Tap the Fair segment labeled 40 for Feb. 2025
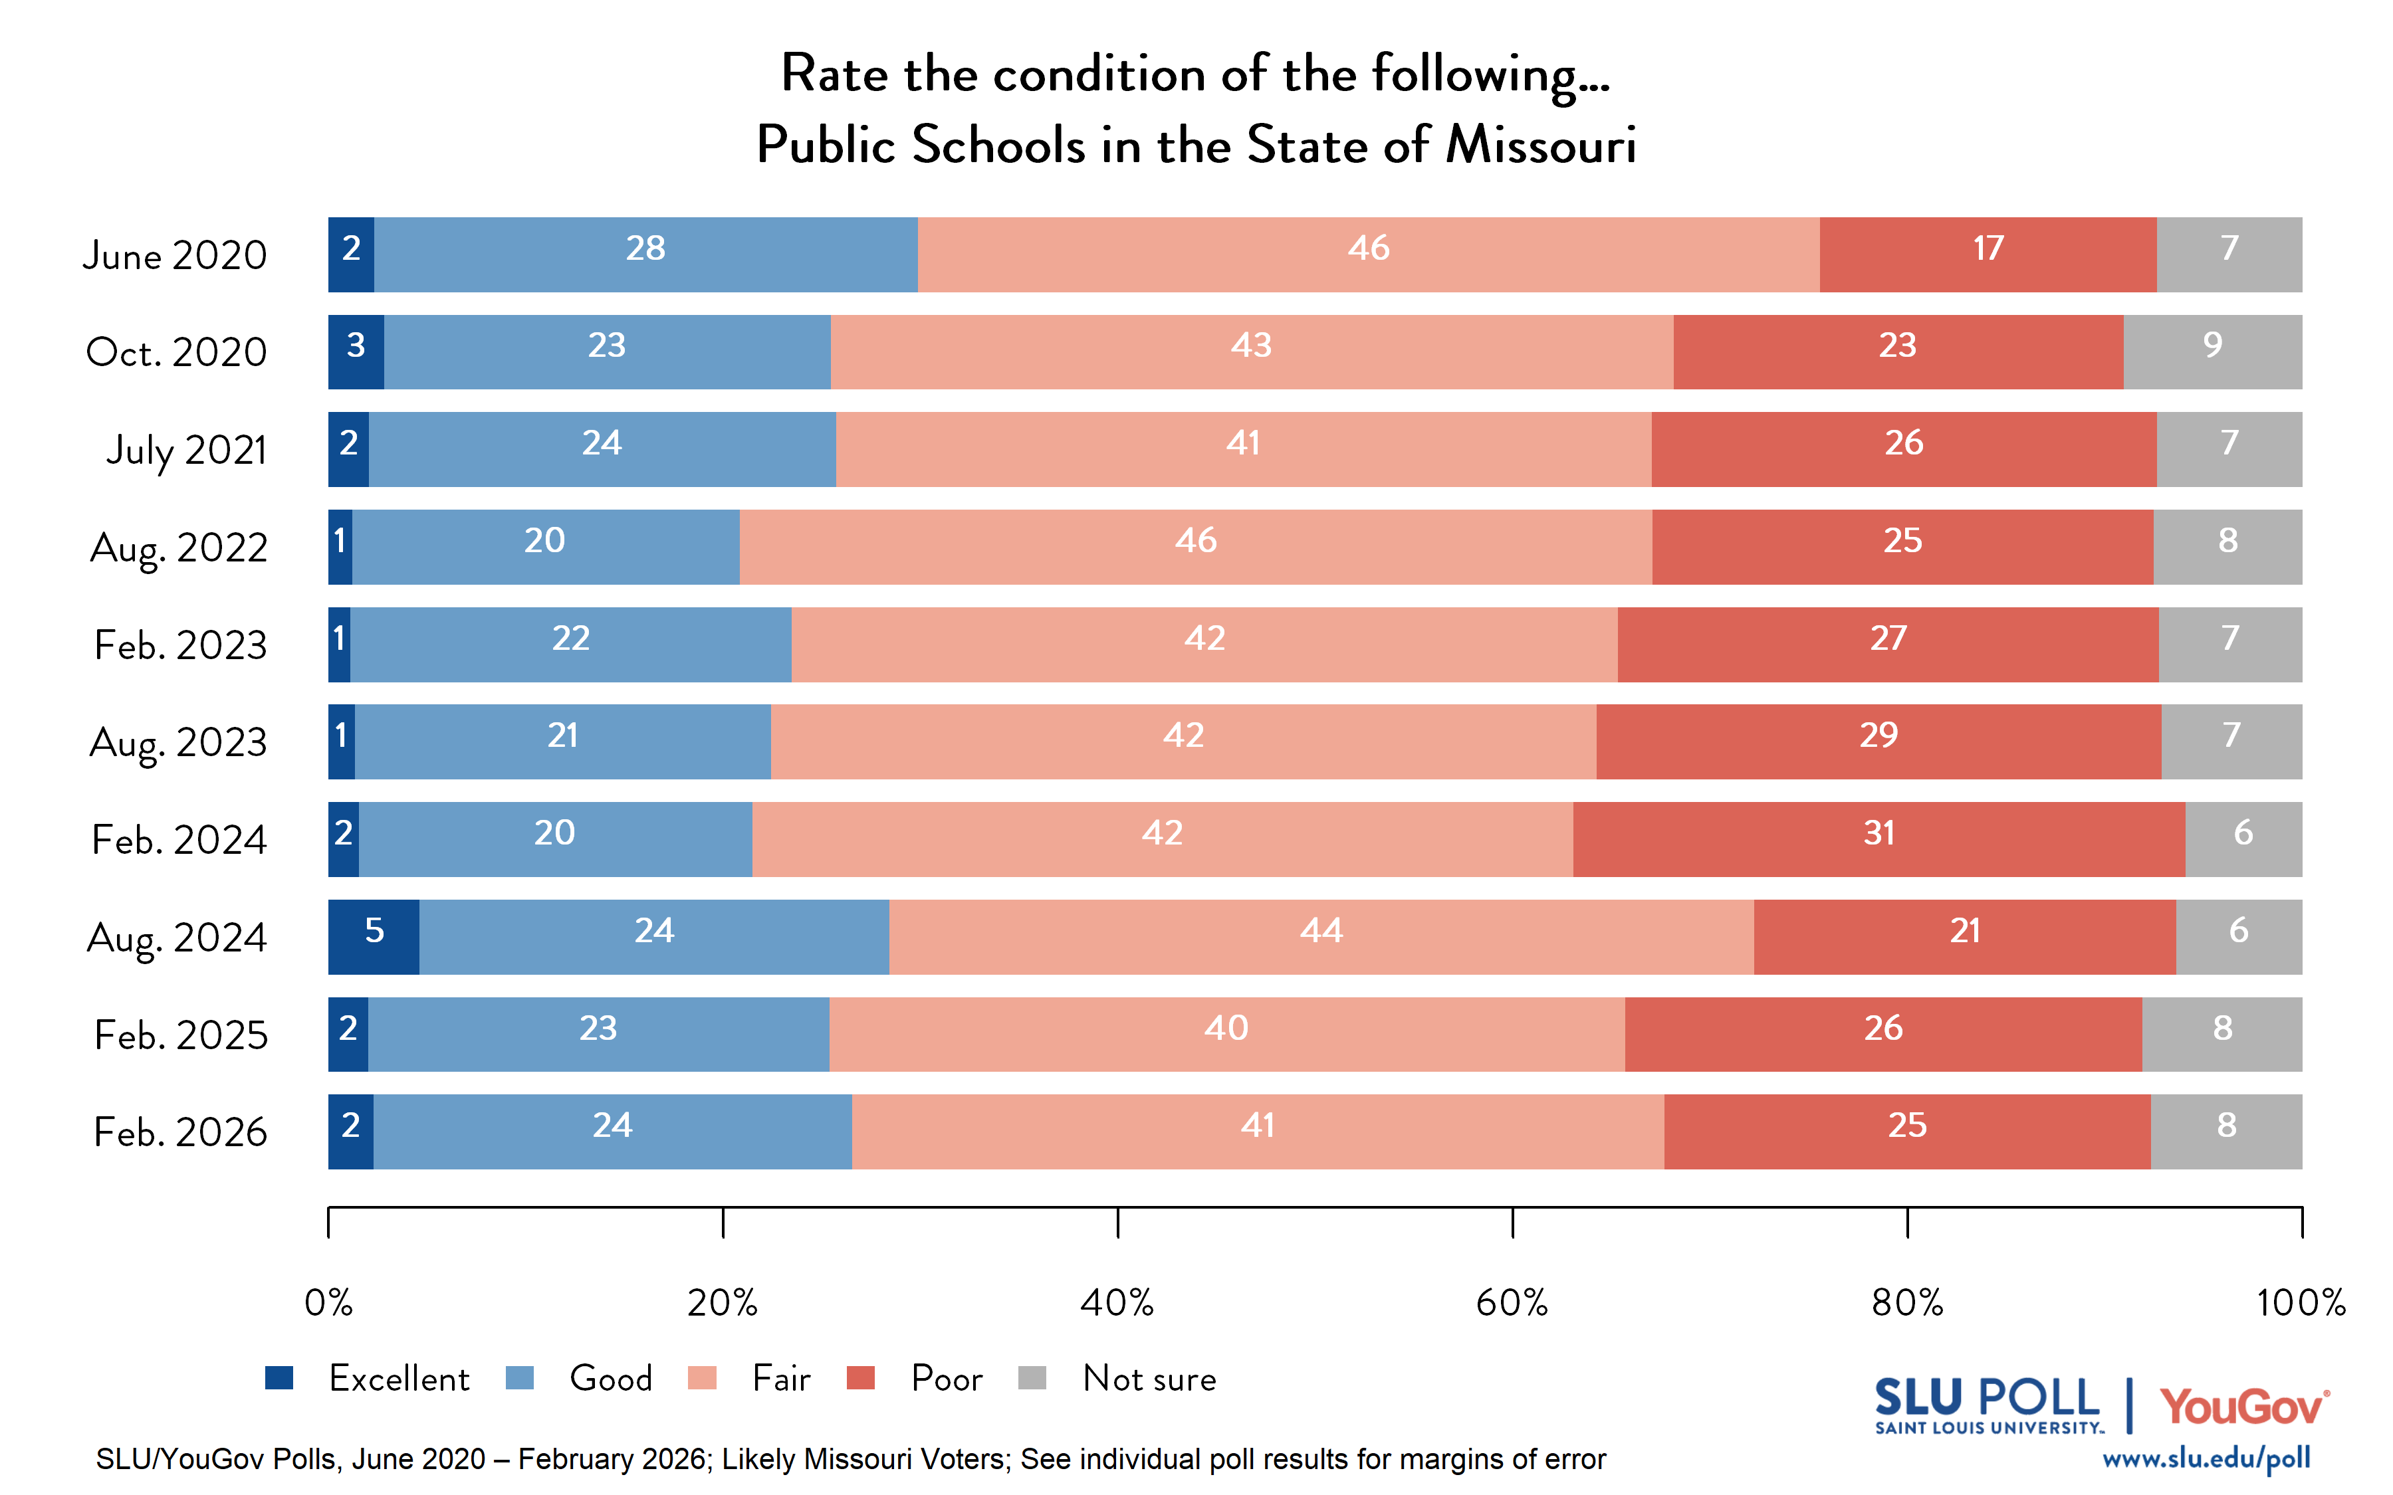tap(1226, 1035)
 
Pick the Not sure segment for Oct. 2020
tap(2212, 352)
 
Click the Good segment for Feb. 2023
tap(570, 645)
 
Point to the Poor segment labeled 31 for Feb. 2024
tap(1878, 839)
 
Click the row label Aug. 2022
tap(179, 548)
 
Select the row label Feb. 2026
tap(180, 1132)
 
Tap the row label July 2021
tap(187, 451)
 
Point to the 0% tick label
tap(328, 1303)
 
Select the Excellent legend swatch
tap(280, 1377)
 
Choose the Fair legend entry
tap(780, 1378)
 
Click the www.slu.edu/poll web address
tap(2205, 1459)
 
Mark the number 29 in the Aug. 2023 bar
tap(1878, 736)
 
